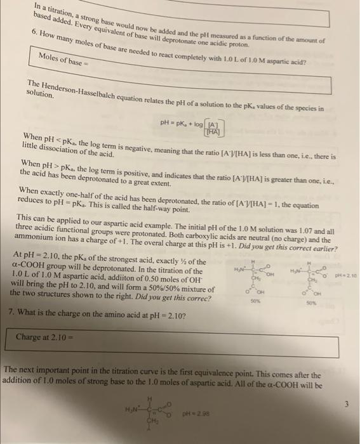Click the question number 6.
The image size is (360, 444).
click(x=34, y=31)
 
